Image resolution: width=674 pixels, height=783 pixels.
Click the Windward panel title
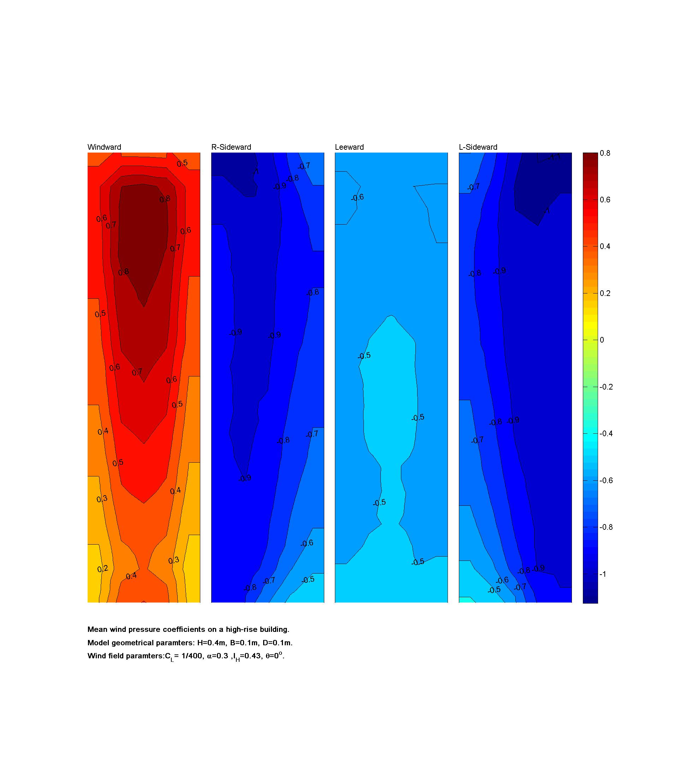104,147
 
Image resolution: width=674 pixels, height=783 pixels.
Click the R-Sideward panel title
231,147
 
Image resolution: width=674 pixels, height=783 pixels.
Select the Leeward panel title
349,147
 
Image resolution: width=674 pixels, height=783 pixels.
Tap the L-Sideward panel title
478,147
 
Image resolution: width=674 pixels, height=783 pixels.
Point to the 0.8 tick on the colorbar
605,153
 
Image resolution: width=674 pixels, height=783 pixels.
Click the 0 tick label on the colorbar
602,340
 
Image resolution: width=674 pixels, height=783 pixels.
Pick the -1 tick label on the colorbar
603,574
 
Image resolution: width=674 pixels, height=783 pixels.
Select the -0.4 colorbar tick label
606,433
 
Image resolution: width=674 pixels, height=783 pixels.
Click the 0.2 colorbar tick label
605,293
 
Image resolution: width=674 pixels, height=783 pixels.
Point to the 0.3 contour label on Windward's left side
102,499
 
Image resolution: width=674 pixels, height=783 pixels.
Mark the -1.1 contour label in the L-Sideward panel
555,157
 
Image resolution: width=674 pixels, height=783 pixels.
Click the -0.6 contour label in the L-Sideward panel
502,580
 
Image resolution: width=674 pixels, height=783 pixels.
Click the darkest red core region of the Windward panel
143,234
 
